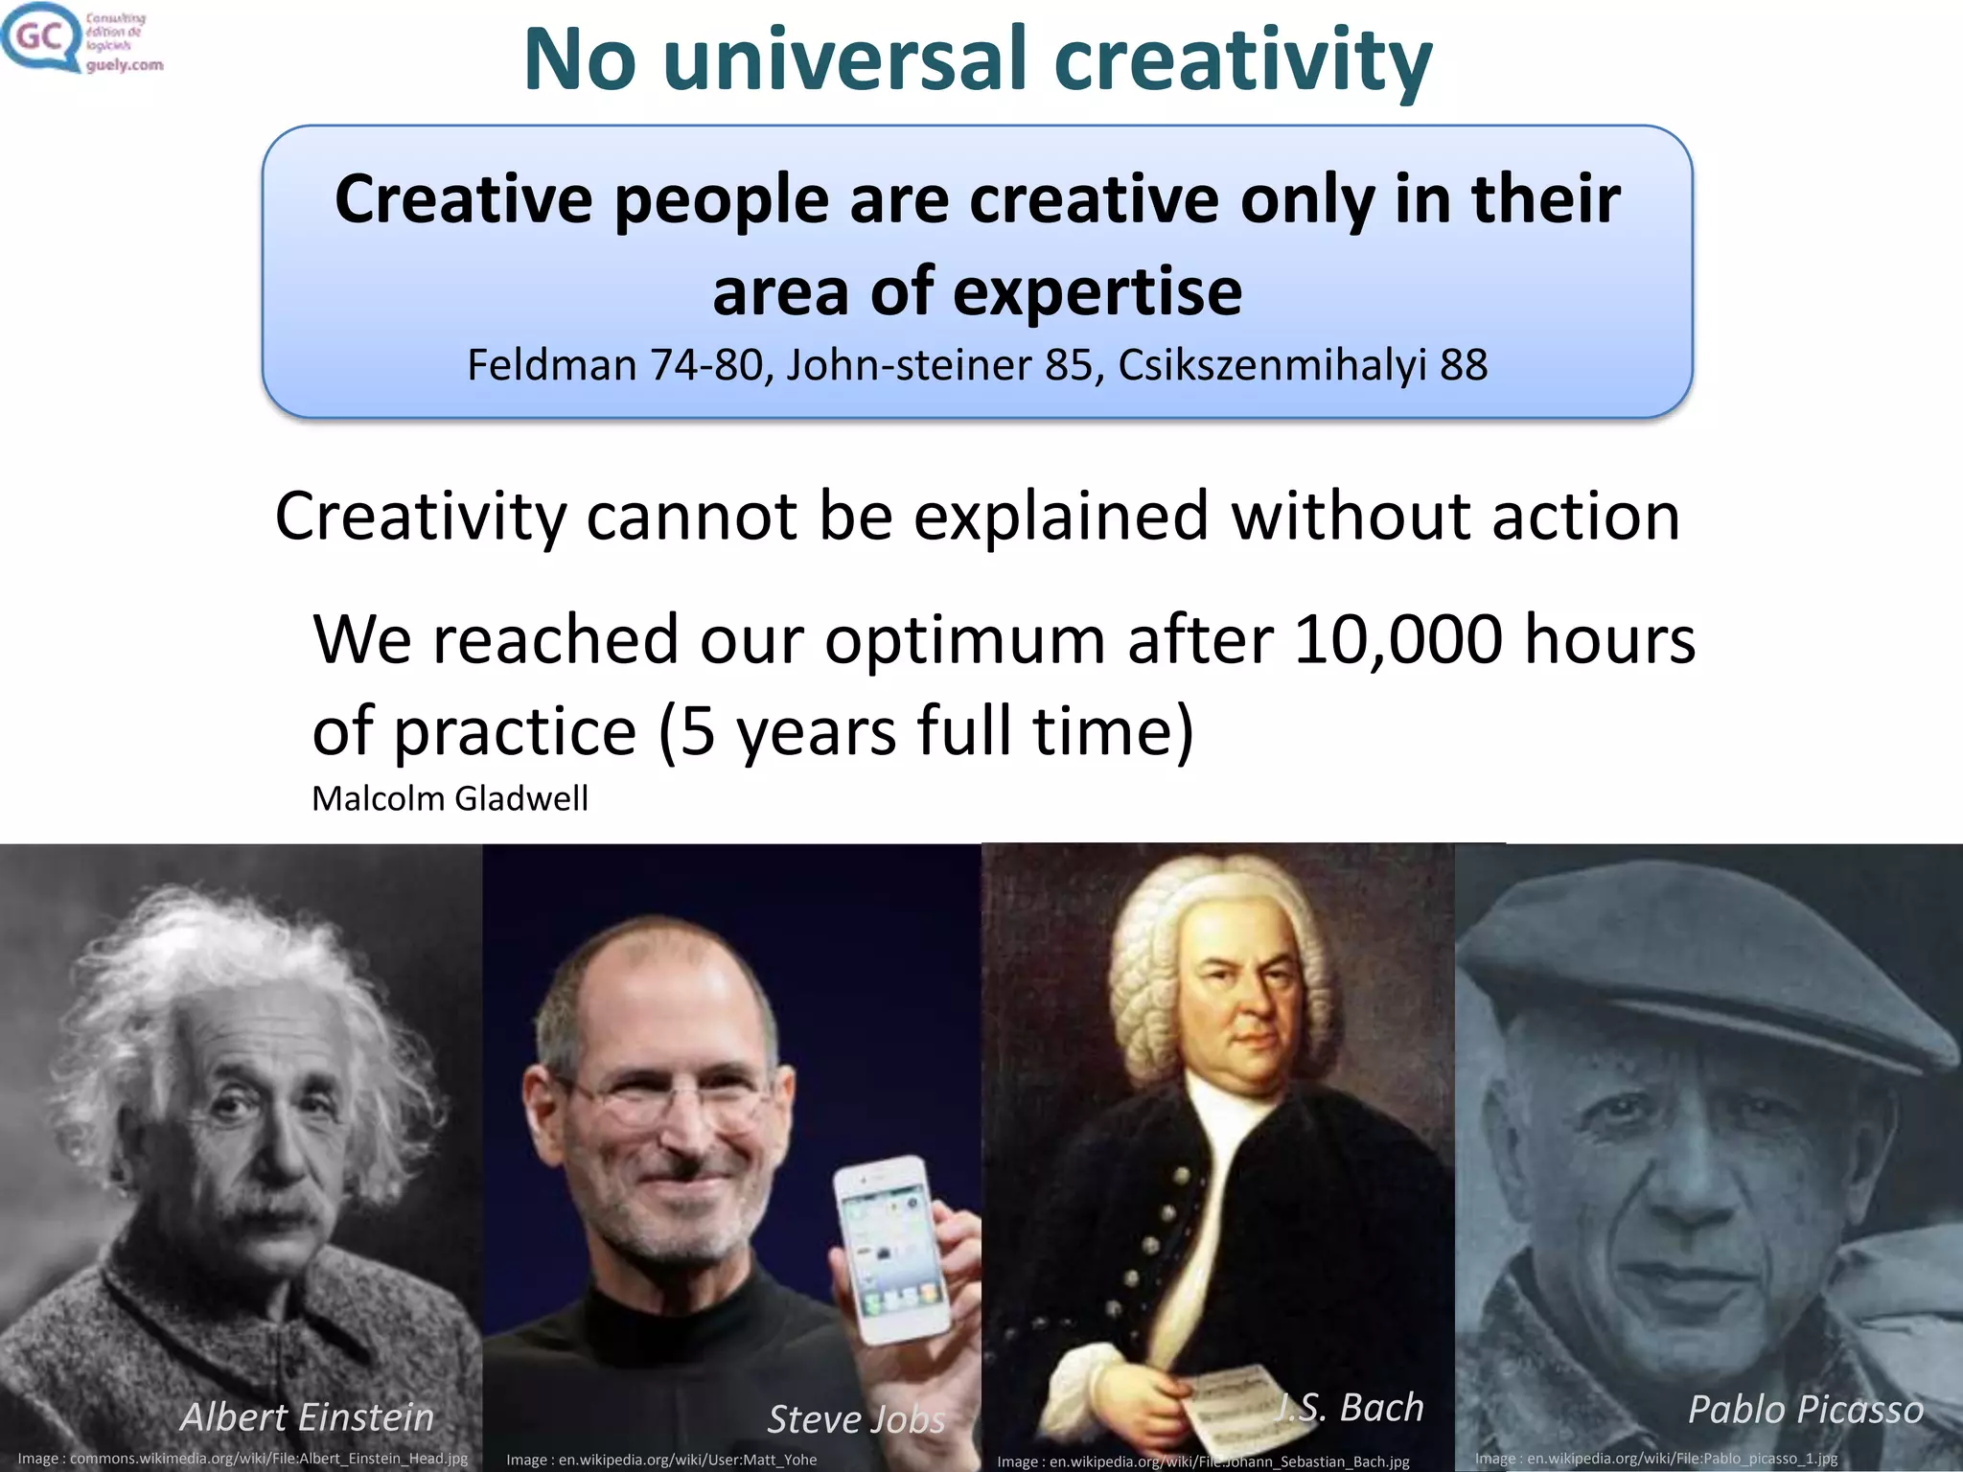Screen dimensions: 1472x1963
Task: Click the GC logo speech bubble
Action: point(40,36)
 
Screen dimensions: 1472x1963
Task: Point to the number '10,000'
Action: point(1397,639)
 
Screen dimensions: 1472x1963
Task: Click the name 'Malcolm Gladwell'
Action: point(450,798)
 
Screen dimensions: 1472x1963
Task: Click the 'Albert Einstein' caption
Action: point(307,1416)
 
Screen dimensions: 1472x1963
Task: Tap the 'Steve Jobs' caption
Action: point(856,1419)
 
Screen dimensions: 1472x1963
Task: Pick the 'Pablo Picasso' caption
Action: point(1805,1409)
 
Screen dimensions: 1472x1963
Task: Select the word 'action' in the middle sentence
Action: point(1585,517)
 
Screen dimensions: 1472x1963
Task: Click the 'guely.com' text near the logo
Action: point(124,65)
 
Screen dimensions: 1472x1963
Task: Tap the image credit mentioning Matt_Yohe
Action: point(661,1460)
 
